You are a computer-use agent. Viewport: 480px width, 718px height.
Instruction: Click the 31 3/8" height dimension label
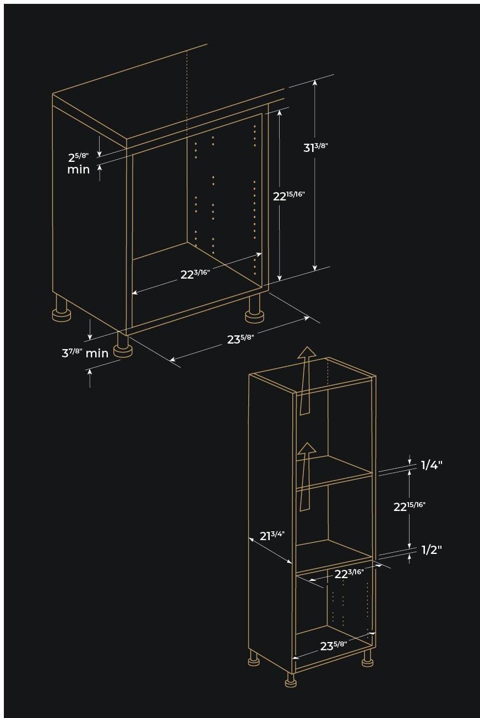tap(315, 148)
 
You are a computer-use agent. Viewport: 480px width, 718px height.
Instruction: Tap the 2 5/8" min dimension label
tap(78, 163)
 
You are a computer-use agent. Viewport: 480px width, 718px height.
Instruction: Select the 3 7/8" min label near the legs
tap(85, 353)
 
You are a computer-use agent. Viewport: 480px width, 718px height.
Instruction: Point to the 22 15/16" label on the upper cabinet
tap(288, 195)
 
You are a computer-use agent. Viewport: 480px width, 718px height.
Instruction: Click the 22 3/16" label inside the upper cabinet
tap(195, 274)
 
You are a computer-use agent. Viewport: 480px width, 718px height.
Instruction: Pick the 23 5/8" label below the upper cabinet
tap(241, 339)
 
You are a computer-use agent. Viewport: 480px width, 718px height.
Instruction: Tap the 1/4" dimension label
tap(432, 465)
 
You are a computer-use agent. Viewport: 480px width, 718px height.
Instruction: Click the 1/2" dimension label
tap(432, 550)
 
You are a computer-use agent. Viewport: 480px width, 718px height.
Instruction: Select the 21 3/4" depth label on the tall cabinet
tap(272, 535)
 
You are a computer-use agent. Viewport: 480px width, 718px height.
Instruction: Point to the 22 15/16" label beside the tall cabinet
tap(409, 507)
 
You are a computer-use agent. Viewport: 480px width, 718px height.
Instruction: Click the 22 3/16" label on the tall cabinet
tap(349, 574)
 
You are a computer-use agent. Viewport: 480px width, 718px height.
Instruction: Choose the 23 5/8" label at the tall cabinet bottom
tap(334, 646)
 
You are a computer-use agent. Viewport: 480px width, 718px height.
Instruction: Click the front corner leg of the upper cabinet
tap(123, 346)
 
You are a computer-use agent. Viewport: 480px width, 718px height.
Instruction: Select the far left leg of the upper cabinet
tap(61, 308)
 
